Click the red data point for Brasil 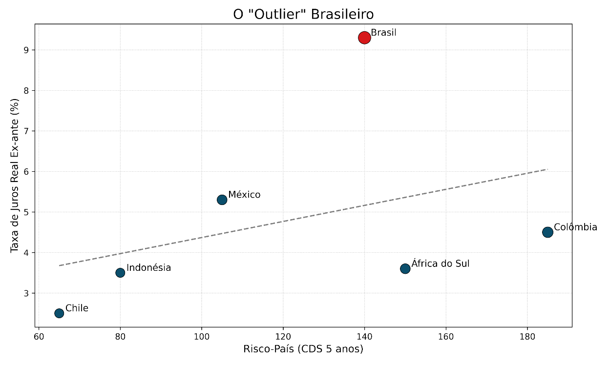[x=364, y=38]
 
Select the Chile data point [x=59, y=313]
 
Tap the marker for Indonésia [x=120, y=273]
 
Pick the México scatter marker [x=222, y=200]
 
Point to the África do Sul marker [x=405, y=269]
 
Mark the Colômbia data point [x=547, y=232]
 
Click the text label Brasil [x=383, y=33]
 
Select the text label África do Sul [x=440, y=264]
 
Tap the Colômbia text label [x=575, y=227]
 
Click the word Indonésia [x=148, y=267]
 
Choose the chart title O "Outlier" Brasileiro [x=303, y=14]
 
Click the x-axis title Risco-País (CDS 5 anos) [x=303, y=349]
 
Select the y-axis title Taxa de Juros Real [x=15, y=175]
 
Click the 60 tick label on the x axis [x=39, y=336]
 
